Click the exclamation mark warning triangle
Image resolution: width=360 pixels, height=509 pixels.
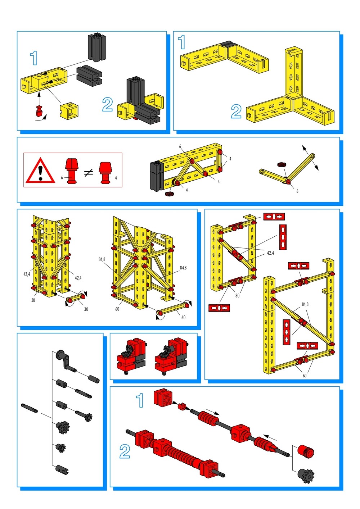click(x=40, y=171)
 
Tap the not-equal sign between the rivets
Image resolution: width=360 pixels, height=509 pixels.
click(x=89, y=173)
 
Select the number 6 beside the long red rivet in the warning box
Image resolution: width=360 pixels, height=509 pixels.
click(x=62, y=177)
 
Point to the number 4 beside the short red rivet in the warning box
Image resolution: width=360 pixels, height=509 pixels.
click(x=116, y=178)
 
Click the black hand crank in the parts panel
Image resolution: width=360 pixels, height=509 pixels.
click(x=66, y=361)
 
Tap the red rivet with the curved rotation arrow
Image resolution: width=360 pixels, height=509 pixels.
click(x=39, y=110)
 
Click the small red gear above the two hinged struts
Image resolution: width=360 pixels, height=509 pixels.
click(x=281, y=164)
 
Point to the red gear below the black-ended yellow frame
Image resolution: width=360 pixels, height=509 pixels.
click(x=169, y=194)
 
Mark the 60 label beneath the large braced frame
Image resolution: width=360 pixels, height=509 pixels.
click(x=305, y=376)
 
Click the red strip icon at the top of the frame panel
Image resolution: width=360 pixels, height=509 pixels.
click(x=274, y=216)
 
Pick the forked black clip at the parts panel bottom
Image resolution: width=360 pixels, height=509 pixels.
click(x=62, y=470)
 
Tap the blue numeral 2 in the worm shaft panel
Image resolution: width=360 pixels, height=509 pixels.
click(x=125, y=451)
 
